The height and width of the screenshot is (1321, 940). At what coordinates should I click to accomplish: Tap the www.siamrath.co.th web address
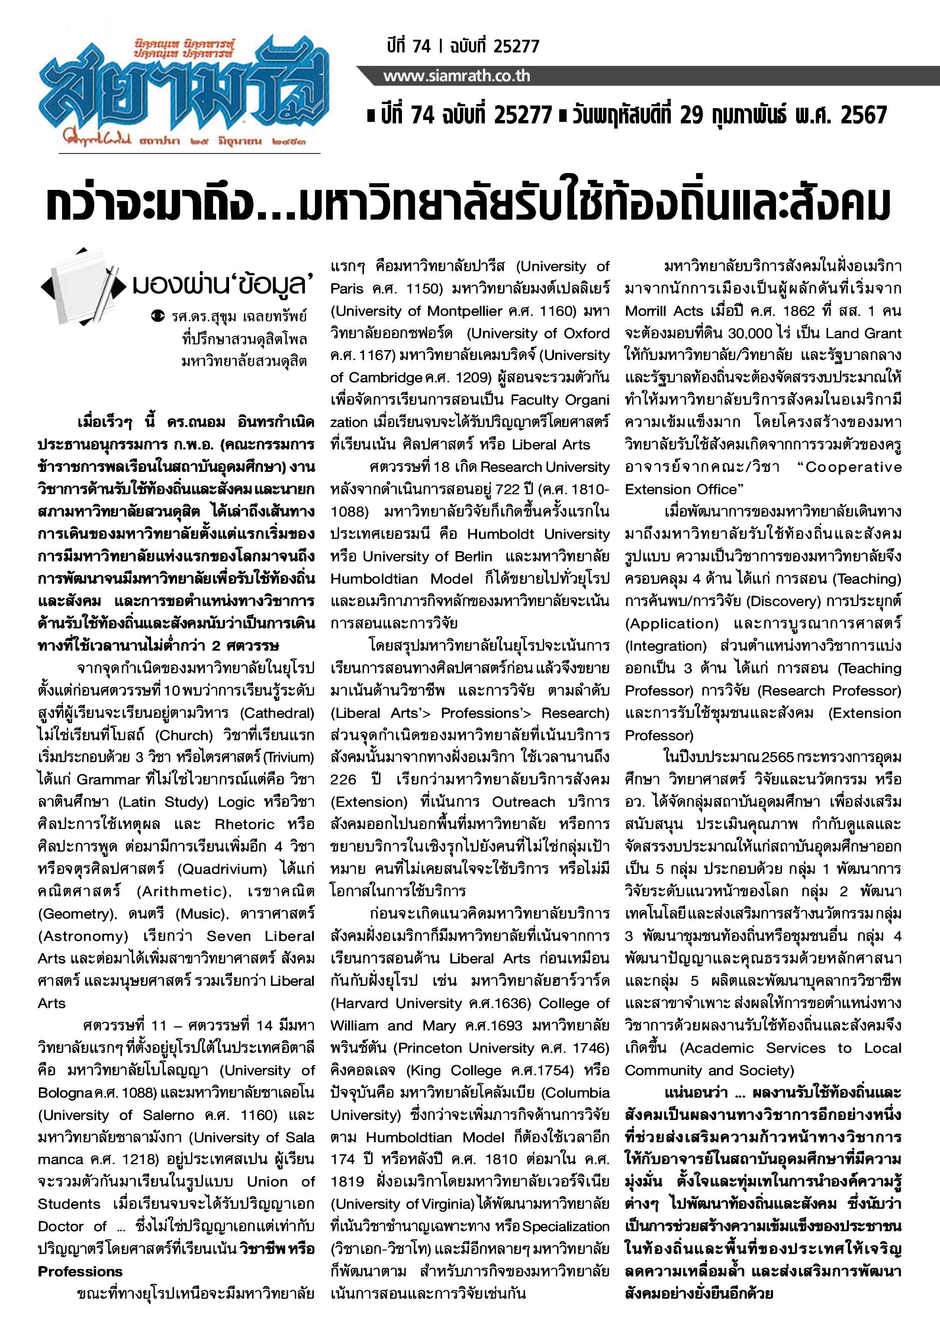(x=456, y=76)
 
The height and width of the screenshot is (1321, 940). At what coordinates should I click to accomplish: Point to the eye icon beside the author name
(x=156, y=316)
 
